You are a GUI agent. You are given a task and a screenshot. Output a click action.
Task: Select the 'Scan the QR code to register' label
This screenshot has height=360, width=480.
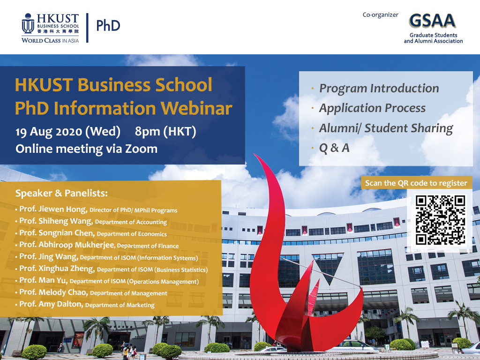(x=416, y=183)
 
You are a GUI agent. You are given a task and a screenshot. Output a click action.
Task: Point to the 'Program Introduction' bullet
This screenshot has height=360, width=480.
(x=379, y=88)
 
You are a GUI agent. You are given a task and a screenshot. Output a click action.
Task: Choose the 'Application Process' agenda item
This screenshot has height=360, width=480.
(x=372, y=108)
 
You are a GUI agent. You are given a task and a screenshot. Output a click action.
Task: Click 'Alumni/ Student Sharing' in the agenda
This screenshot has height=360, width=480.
(x=386, y=128)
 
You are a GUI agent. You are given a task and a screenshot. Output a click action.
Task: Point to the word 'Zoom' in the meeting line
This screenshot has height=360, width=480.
(x=140, y=149)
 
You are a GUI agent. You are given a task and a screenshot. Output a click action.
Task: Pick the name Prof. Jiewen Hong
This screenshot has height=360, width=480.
(x=53, y=210)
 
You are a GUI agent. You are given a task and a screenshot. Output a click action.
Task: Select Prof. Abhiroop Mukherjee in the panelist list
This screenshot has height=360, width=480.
(x=67, y=245)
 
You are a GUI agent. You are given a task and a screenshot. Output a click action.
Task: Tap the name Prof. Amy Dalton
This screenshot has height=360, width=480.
(x=51, y=304)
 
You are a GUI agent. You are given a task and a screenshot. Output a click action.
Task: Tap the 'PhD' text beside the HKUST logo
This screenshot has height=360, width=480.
(x=108, y=25)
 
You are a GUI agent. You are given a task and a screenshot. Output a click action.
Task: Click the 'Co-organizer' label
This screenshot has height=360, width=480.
(x=380, y=15)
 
